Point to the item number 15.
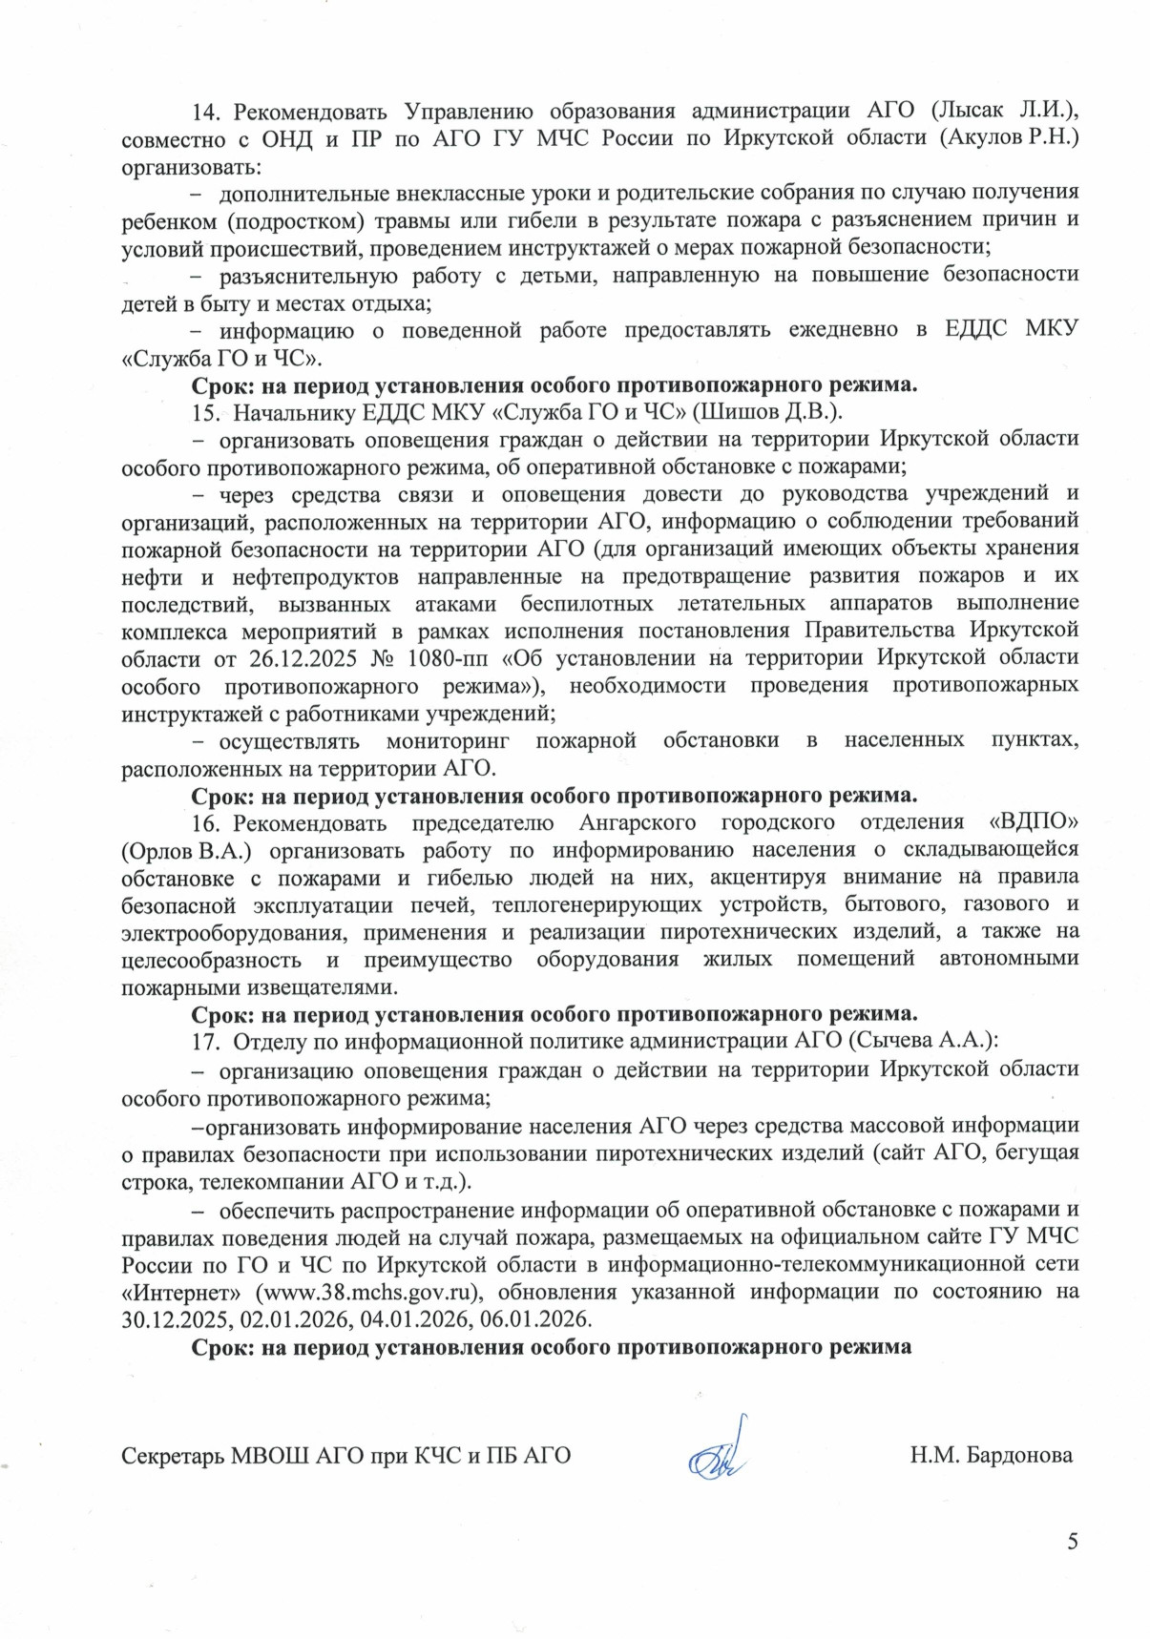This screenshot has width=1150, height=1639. point(206,412)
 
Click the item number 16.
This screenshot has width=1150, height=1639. point(206,823)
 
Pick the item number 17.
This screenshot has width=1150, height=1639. point(206,1041)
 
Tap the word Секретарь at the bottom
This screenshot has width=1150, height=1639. point(173,1456)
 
